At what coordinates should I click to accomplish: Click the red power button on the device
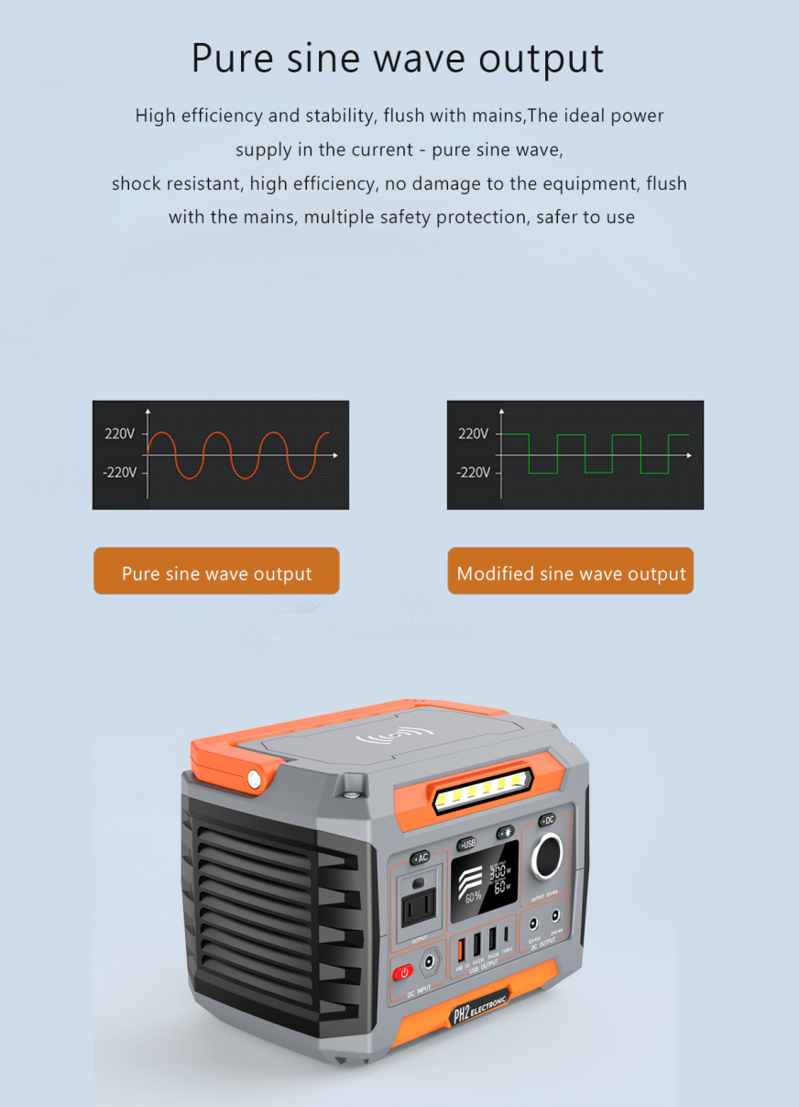click(x=403, y=972)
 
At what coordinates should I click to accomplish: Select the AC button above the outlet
click(x=421, y=858)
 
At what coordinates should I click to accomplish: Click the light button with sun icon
click(x=505, y=833)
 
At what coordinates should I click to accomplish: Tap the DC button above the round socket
click(x=547, y=820)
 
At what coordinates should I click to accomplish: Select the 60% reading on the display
click(x=473, y=897)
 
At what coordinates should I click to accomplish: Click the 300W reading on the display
click(x=501, y=873)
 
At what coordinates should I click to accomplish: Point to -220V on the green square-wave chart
click(x=473, y=472)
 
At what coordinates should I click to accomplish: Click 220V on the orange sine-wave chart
click(x=119, y=434)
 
